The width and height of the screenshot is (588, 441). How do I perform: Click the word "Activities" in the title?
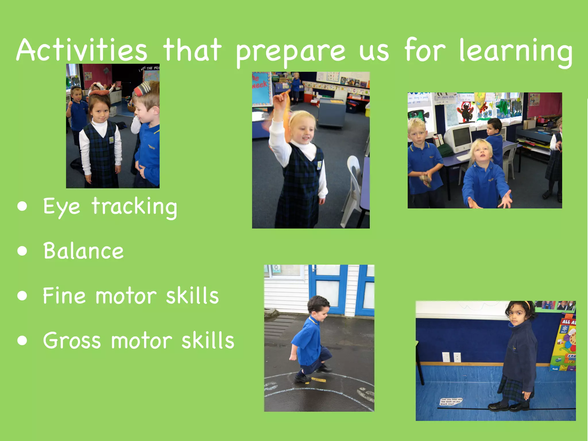(x=82, y=50)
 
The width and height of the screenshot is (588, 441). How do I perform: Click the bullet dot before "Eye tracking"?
(x=22, y=206)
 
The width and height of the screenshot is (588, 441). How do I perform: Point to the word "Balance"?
(x=83, y=251)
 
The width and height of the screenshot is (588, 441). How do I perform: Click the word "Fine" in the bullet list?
(x=64, y=295)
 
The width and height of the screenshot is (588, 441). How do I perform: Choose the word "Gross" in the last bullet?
(x=72, y=341)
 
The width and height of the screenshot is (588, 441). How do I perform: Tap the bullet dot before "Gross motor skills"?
(x=22, y=341)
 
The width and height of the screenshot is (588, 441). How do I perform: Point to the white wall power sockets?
(x=451, y=357)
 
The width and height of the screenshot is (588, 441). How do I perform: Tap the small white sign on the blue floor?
(x=452, y=401)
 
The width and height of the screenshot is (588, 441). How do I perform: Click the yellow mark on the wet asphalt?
(x=319, y=380)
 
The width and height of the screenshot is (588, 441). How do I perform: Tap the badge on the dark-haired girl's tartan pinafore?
(x=111, y=140)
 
